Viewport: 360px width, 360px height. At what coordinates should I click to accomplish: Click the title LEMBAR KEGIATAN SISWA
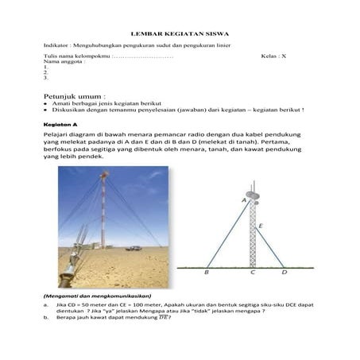180,36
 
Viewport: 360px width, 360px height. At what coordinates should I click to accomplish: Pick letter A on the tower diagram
244,202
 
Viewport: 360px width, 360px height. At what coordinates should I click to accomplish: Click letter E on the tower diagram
261,227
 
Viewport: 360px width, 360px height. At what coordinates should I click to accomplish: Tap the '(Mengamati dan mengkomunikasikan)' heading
96,296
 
